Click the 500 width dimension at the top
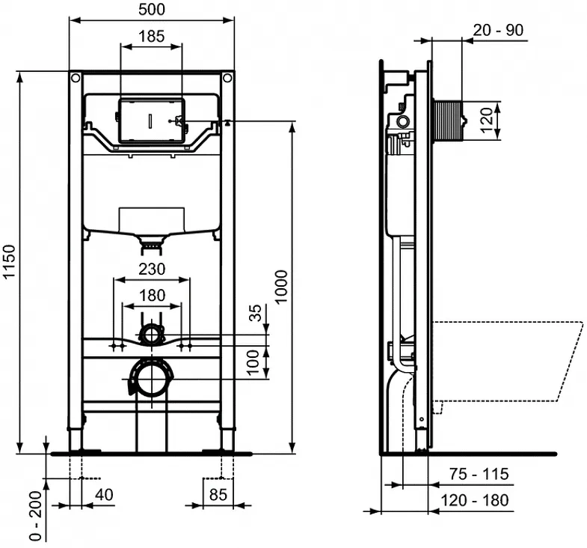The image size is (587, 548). pyautogui.click(x=152, y=10)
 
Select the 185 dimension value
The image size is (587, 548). pyautogui.click(x=152, y=37)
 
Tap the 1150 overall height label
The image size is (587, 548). pyautogui.click(x=9, y=261)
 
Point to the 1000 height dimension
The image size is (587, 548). pyautogui.click(x=281, y=287)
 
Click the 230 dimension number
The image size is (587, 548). pyautogui.click(x=152, y=269)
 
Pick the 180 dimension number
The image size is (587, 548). pyautogui.click(x=152, y=296)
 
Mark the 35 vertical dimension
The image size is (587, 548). pyautogui.click(x=255, y=313)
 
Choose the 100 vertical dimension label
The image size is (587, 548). pyautogui.click(x=253, y=362)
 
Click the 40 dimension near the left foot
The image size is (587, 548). pyautogui.click(x=104, y=495)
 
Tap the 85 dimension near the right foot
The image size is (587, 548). pyautogui.click(x=218, y=495)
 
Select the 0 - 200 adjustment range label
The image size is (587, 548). pyautogui.click(x=36, y=516)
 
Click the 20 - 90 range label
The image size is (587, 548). pyautogui.click(x=498, y=30)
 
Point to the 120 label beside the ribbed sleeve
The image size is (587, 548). pyautogui.click(x=486, y=120)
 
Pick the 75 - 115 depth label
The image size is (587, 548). pyautogui.click(x=479, y=474)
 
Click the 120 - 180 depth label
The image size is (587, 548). pyautogui.click(x=475, y=500)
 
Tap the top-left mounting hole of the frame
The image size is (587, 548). pyautogui.click(x=76, y=79)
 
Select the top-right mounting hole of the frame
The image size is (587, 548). pyautogui.click(x=227, y=79)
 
